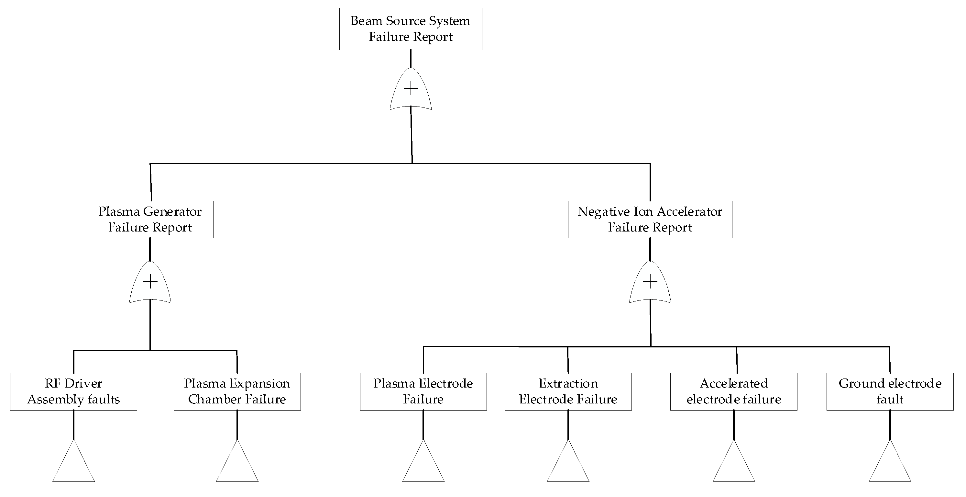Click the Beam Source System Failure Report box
411,29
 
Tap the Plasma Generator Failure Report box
150,219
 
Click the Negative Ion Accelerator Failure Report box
650,219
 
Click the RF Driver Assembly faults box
73,391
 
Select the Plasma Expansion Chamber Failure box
237,391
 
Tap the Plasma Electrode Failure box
423,391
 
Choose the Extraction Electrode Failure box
568,391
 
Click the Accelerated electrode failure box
733,391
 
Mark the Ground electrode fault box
890,391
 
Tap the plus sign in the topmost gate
411,89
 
